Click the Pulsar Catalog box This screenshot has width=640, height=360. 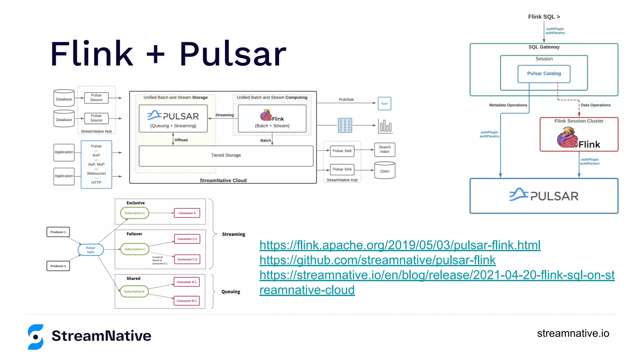coord(544,74)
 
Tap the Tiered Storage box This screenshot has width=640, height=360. coord(226,156)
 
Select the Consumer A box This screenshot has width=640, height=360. coord(187,213)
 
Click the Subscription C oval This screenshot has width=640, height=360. coord(135,249)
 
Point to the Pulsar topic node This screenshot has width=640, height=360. coord(91,250)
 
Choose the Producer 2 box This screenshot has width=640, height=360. coord(58,266)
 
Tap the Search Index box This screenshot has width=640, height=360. coord(385,149)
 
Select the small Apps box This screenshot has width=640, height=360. coord(384,103)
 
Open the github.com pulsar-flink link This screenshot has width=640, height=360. coord(377,260)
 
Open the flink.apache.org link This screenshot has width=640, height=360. coord(400,245)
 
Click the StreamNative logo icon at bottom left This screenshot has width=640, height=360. coord(36,337)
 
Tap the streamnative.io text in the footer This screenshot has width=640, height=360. coord(573,333)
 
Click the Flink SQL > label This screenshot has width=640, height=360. coord(544,17)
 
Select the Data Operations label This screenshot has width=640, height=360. coord(595,105)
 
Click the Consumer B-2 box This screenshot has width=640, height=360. coord(187,301)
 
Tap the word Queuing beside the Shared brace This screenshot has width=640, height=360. coord(231,292)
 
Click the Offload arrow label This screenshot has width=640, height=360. coord(181,140)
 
